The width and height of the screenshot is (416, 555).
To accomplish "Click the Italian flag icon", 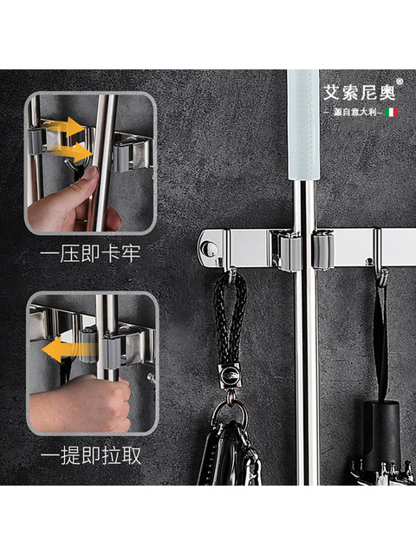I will [390, 112].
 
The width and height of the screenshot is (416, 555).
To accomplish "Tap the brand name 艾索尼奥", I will [358, 91].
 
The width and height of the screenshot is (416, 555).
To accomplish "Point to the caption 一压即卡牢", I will [90, 254].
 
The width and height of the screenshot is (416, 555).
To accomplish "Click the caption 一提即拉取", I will [90, 454].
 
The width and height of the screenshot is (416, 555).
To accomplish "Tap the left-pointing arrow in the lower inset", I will [59, 349].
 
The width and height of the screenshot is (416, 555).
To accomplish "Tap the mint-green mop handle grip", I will [303, 121].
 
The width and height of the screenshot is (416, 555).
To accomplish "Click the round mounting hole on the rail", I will [206, 249].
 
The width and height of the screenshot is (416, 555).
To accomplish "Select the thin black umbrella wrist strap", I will [380, 338].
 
